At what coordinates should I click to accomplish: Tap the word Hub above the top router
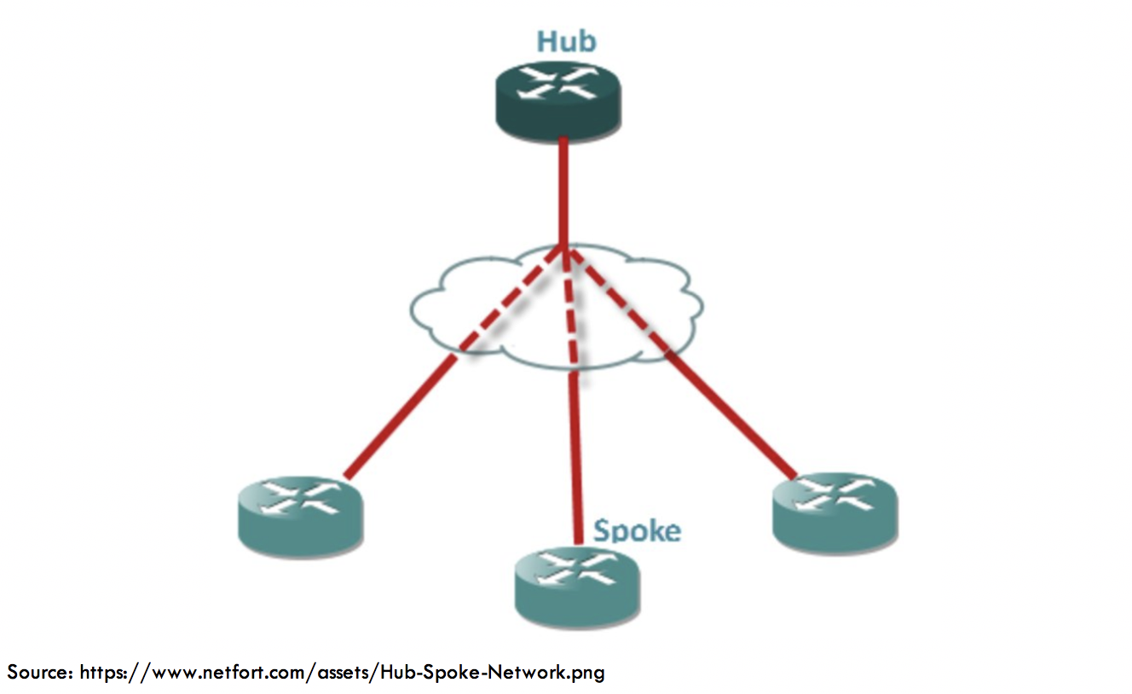coord(566,42)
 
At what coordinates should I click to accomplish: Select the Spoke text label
coord(638,531)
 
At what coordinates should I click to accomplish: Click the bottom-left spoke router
coord(300,514)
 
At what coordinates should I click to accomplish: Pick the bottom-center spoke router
coord(576,587)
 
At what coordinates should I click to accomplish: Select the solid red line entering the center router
coord(578,452)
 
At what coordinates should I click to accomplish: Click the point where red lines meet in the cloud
coord(563,248)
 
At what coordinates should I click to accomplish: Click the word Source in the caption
coord(39,672)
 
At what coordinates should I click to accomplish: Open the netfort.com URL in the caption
coord(342,672)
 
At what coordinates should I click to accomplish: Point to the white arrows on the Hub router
coord(559,83)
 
